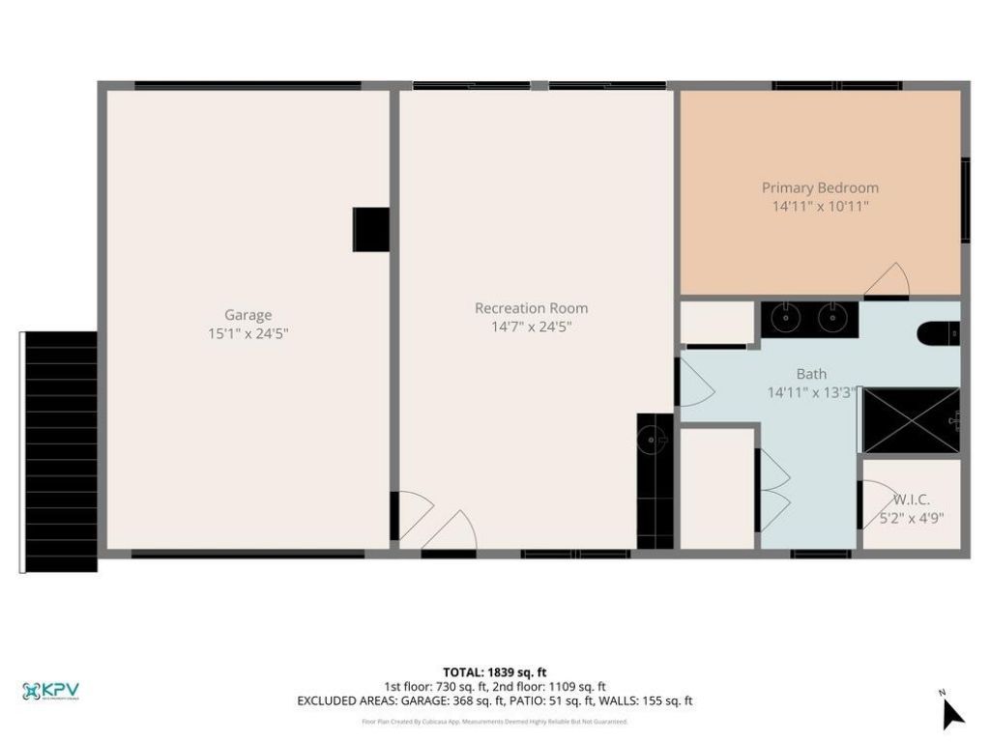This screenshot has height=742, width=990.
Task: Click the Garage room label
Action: (247, 315)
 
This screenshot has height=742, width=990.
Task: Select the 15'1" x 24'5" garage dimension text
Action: (247, 333)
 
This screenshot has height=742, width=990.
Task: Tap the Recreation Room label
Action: (531, 308)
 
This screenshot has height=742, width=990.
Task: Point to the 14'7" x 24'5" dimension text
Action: (531, 327)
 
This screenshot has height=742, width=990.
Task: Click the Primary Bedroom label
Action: (820, 187)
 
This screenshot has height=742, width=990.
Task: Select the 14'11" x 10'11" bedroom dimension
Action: (820, 206)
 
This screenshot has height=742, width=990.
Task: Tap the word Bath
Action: (811, 374)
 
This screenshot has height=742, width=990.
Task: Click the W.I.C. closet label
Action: (911, 499)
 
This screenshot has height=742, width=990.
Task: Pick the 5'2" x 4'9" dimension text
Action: (911, 518)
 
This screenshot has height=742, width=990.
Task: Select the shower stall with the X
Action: (909, 420)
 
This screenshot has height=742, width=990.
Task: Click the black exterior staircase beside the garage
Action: (59, 451)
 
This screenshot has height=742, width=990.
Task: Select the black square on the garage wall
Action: (370, 230)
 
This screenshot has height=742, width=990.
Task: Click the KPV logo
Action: (50, 691)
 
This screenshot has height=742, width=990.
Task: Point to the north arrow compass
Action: (952, 712)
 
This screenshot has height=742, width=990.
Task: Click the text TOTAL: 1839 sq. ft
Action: (494, 672)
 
